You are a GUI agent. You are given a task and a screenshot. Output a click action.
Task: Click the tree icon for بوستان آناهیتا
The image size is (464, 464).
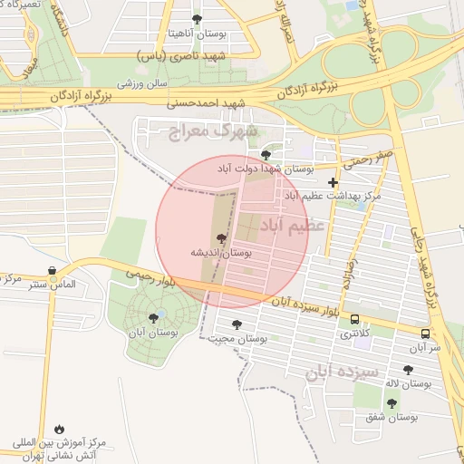[x=198, y=18]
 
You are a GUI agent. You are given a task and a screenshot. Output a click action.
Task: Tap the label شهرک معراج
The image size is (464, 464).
[x=213, y=132]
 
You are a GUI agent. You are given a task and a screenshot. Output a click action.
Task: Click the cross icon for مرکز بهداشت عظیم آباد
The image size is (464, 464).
[x=333, y=182]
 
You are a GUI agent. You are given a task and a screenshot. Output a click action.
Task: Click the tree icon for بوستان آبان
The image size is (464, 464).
[x=153, y=317]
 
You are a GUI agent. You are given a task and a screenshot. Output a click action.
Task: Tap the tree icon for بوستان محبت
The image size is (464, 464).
[x=237, y=324]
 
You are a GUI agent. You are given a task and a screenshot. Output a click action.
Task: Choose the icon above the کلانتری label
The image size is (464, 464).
[x=353, y=319]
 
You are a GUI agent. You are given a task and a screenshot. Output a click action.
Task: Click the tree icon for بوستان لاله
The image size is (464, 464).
[x=406, y=369]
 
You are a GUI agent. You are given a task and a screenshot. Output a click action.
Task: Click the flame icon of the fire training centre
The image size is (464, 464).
[x=59, y=428]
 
